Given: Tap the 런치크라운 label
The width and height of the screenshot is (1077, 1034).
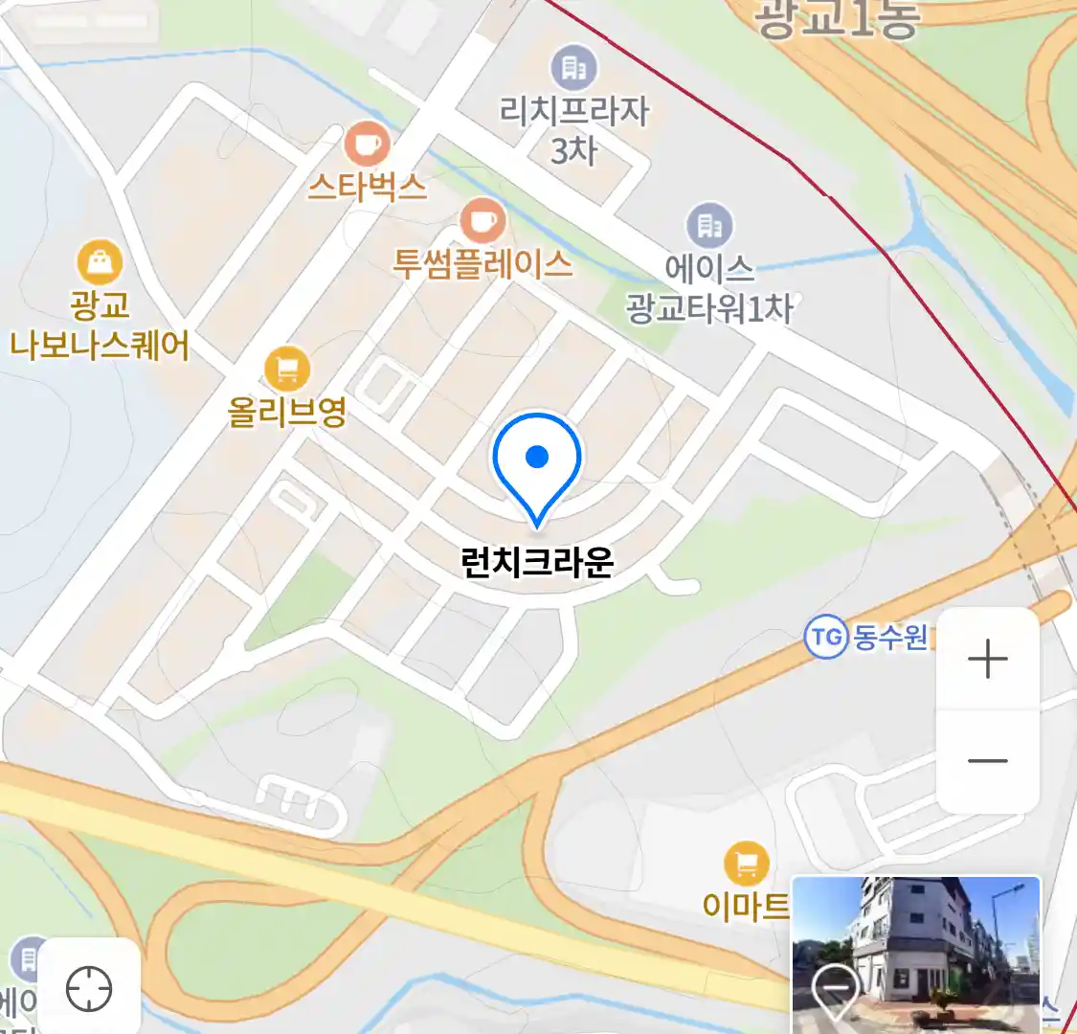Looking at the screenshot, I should (x=537, y=562).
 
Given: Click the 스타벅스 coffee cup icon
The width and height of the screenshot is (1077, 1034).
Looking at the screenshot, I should (x=367, y=145).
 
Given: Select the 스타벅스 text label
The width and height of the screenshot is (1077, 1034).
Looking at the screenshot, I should (x=367, y=186).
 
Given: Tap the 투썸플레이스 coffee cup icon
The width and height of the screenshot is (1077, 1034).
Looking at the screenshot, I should (x=483, y=221).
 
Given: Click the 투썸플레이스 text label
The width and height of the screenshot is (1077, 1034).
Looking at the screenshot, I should (x=483, y=263).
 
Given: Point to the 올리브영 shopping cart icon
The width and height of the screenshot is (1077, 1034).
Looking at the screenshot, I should (x=286, y=369).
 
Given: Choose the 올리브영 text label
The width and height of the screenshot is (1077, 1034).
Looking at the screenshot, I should (x=286, y=412).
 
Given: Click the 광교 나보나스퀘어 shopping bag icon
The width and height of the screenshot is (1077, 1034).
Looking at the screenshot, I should (x=100, y=261).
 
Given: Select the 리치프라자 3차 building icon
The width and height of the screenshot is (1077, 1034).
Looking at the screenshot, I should (x=573, y=67).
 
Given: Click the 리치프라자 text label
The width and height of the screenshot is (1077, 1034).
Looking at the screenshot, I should (x=573, y=111).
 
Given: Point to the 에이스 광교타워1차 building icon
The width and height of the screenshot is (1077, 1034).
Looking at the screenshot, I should (x=709, y=226).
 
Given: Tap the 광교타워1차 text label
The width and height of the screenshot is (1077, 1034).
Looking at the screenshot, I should (x=709, y=308).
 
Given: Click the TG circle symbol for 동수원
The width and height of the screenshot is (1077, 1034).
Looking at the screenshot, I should (x=825, y=637).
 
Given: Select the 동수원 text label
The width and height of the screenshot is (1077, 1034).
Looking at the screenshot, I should (x=890, y=637).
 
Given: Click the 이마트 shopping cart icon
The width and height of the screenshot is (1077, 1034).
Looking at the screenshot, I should (x=747, y=865).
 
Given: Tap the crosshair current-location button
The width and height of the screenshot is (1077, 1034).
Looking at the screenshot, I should (x=89, y=989).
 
